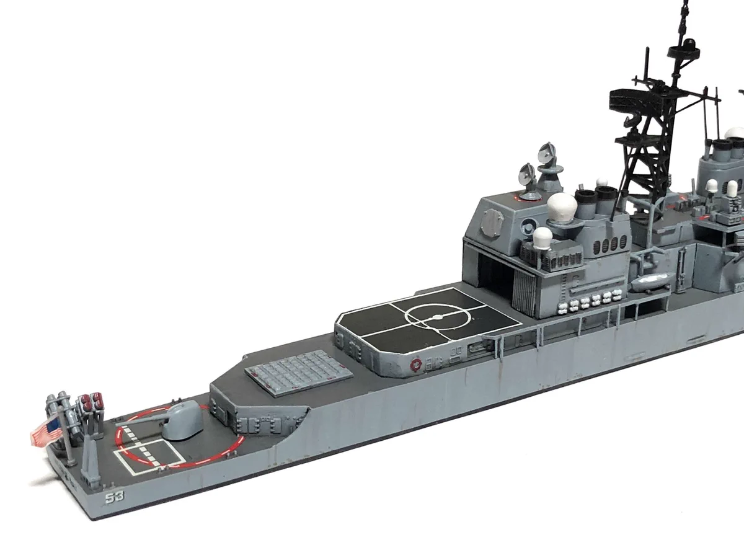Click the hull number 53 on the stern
click(x=115, y=497)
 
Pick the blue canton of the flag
click(x=53, y=425)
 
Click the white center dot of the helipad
click(x=438, y=317)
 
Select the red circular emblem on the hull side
click(x=415, y=365)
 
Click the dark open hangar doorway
click(x=495, y=275)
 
